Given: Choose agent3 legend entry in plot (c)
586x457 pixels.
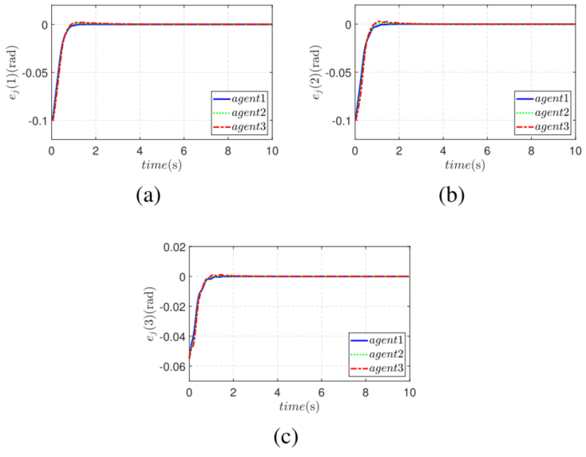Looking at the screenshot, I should tap(376, 367).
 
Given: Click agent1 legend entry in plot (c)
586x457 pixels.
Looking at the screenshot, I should tap(376, 340).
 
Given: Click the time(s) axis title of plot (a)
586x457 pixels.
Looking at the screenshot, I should tap(162, 165).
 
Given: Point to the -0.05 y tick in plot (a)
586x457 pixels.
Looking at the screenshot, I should tap(32, 73).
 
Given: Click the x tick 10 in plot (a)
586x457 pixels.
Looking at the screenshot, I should tap(271, 150).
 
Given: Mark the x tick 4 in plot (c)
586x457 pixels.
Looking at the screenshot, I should tap(277, 394).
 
